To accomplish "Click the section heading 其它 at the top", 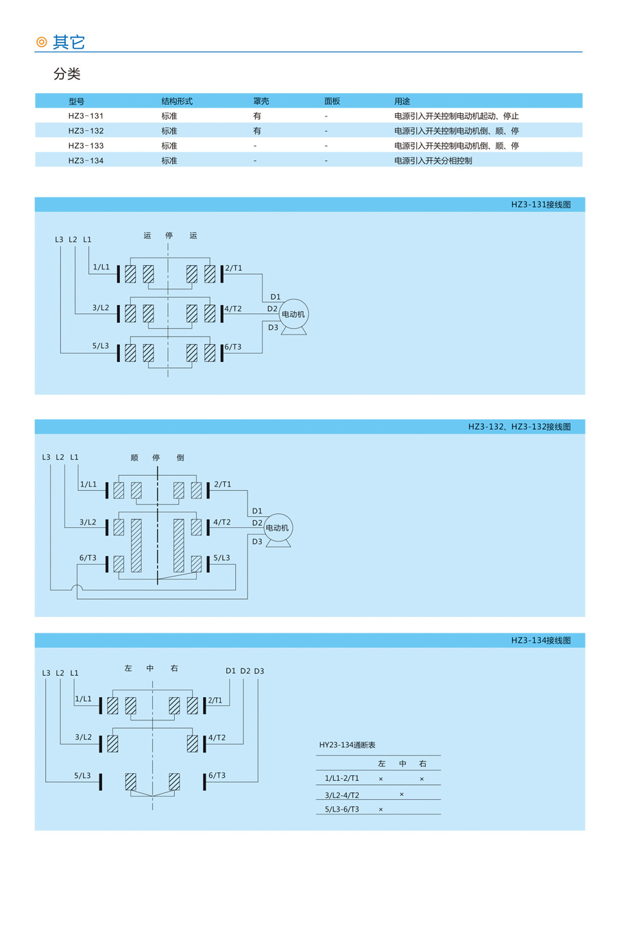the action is [x=69, y=42].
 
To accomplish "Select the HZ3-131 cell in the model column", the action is [x=86, y=116].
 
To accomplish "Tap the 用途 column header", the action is [x=402, y=101].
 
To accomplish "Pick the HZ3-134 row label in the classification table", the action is [x=86, y=160].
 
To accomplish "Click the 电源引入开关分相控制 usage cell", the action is [x=433, y=160].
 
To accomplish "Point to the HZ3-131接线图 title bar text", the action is [x=541, y=204].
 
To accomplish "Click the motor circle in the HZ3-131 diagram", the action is [x=293, y=314].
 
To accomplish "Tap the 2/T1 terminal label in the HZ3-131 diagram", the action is [x=234, y=268].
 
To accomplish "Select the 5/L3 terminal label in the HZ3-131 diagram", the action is [x=101, y=345].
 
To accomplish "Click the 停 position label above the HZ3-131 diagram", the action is [x=169, y=235].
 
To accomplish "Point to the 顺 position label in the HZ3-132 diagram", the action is [x=134, y=457].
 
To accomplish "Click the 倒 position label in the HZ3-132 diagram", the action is [x=180, y=457].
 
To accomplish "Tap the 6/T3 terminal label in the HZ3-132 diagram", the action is [x=88, y=558].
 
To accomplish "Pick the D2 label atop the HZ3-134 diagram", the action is [x=245, y=671].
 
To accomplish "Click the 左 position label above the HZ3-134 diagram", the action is [x=128, y=668].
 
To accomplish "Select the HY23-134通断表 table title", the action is [x=347, y=745].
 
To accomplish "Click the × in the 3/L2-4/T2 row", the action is [x=402, y=794].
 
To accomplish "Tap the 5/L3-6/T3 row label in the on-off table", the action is [x=342, y=809].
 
